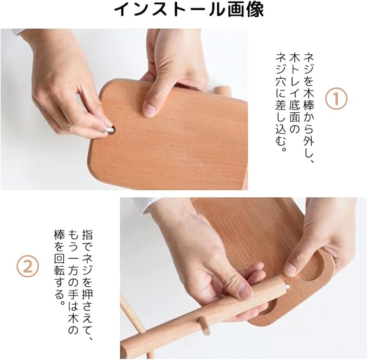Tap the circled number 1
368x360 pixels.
(336, 98)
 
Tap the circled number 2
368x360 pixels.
(28, 267)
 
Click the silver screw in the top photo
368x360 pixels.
(109, 130)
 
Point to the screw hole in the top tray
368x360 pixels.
(112, 130)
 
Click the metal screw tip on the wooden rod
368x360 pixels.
(287, 287)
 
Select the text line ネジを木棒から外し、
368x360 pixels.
(309, 108)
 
